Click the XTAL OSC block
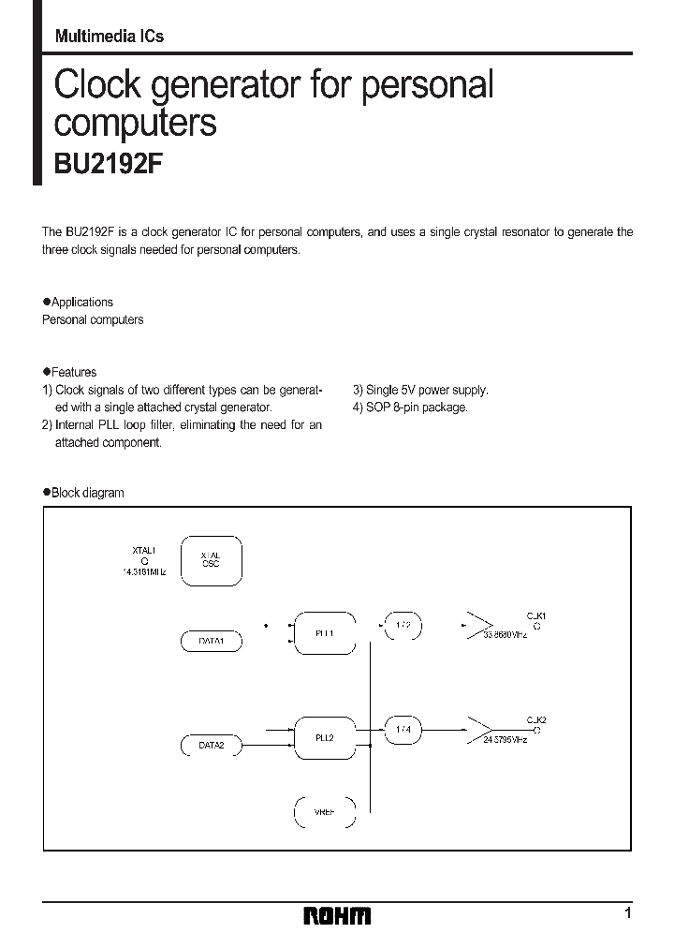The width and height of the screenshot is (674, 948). coord(211,560)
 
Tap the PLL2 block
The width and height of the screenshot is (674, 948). coord(325,736)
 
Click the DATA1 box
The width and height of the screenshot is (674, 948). coord(211,641)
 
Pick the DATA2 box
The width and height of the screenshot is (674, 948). coord(211,746)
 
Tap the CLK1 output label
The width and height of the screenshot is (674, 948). coord(535,615)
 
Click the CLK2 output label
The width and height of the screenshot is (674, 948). coord(535,719)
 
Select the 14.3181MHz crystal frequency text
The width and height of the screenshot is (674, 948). coord(143,570)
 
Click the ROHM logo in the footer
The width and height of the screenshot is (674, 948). coord(336,914)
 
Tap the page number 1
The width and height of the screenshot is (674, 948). coord(628,912)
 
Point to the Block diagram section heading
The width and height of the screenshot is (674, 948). coord(87,493)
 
